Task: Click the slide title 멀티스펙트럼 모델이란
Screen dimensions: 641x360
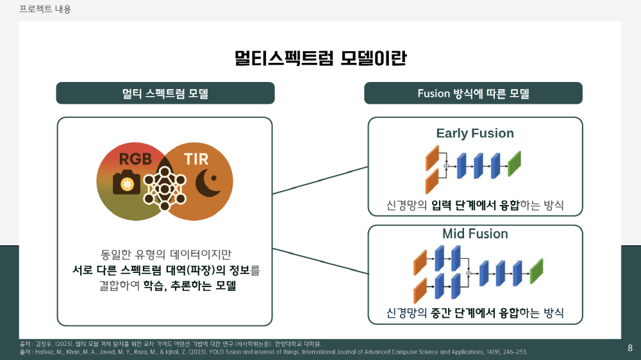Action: (x=320, y=58)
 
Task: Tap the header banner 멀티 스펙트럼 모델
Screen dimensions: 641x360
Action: (x=165, y=93)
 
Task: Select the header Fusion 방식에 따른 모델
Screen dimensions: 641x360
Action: (x=473, y=93)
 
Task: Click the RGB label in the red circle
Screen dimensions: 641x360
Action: (x=135, y=159)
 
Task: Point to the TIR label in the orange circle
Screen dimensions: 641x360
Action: (x=196, y=159)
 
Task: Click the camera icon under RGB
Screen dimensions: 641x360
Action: (x=127, y=183)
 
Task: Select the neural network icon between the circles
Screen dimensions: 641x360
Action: (x=165, y=188)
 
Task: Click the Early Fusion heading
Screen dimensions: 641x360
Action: (x=475, y=133)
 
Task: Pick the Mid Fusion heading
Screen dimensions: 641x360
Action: (x=475, y=234)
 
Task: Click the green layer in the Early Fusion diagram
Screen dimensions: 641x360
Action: (x=514, y=164)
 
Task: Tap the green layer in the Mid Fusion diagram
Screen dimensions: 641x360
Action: (x=537, y=271)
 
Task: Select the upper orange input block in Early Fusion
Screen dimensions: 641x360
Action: (x=432, y=158)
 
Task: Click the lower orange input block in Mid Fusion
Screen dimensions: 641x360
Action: (x=420, y=290)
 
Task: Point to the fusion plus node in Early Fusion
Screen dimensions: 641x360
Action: (x=446, y=167)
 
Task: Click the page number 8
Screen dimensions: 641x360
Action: (x=630, y=348)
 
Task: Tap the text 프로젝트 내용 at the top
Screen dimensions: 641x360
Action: (x=45, y=9)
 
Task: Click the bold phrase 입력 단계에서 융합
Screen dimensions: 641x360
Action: (x=475, y=205)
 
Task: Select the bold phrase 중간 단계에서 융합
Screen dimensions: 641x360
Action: (x=475, y=313)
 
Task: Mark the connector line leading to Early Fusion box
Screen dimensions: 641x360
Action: (x=320, y=180)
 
